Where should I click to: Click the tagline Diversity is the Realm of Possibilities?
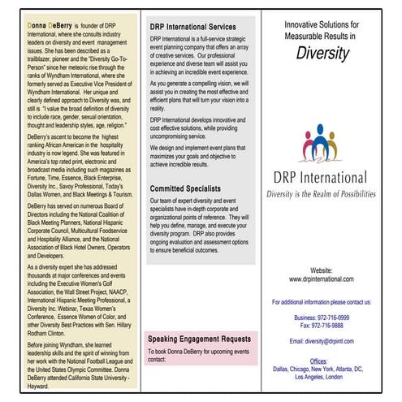click(322, 195)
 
